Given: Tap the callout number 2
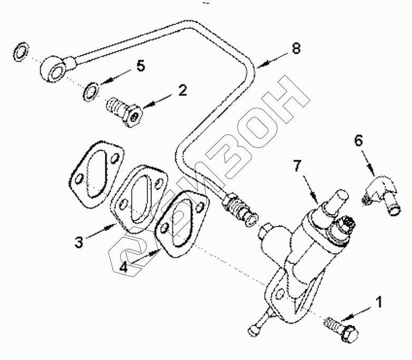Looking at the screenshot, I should [182, 90].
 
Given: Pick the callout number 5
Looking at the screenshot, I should [140, 66].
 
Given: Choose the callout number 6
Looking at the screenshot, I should [358, 141].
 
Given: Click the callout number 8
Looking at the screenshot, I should [296, 49].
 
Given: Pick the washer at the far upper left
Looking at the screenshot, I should [21, 51].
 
